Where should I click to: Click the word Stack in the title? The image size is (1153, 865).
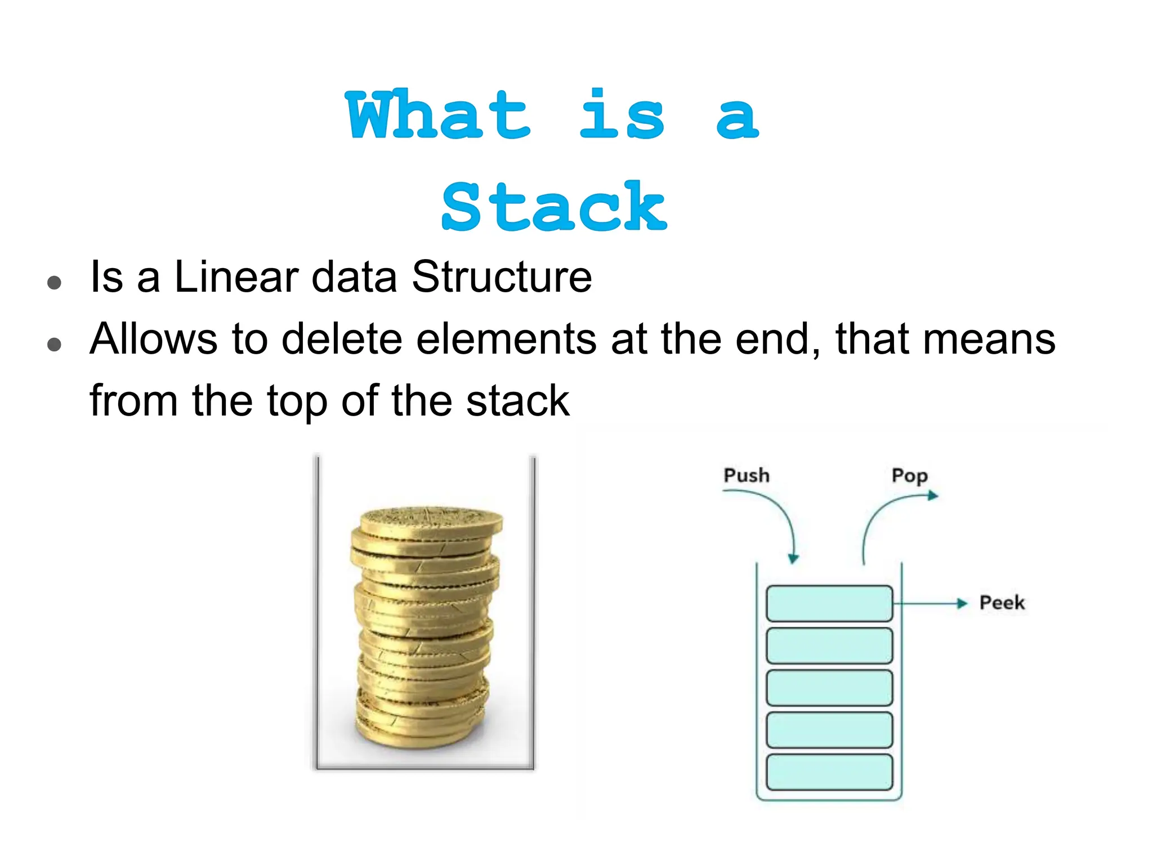(554, 207)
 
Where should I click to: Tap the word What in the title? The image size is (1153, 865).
(438, 115)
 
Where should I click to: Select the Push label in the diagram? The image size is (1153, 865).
(746, 475)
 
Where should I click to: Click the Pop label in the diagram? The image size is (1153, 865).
(909, 476)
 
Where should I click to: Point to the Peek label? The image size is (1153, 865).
(1002, 603)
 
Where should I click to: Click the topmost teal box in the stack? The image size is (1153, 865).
(829, 604)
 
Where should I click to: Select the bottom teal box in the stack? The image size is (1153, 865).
(829, 772)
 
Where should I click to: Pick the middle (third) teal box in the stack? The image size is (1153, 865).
(829, 688)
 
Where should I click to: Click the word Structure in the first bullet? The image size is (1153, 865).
(502, 277)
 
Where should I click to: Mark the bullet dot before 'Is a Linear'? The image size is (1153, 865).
(55, 282)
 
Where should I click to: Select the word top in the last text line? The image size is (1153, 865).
(297, 401)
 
